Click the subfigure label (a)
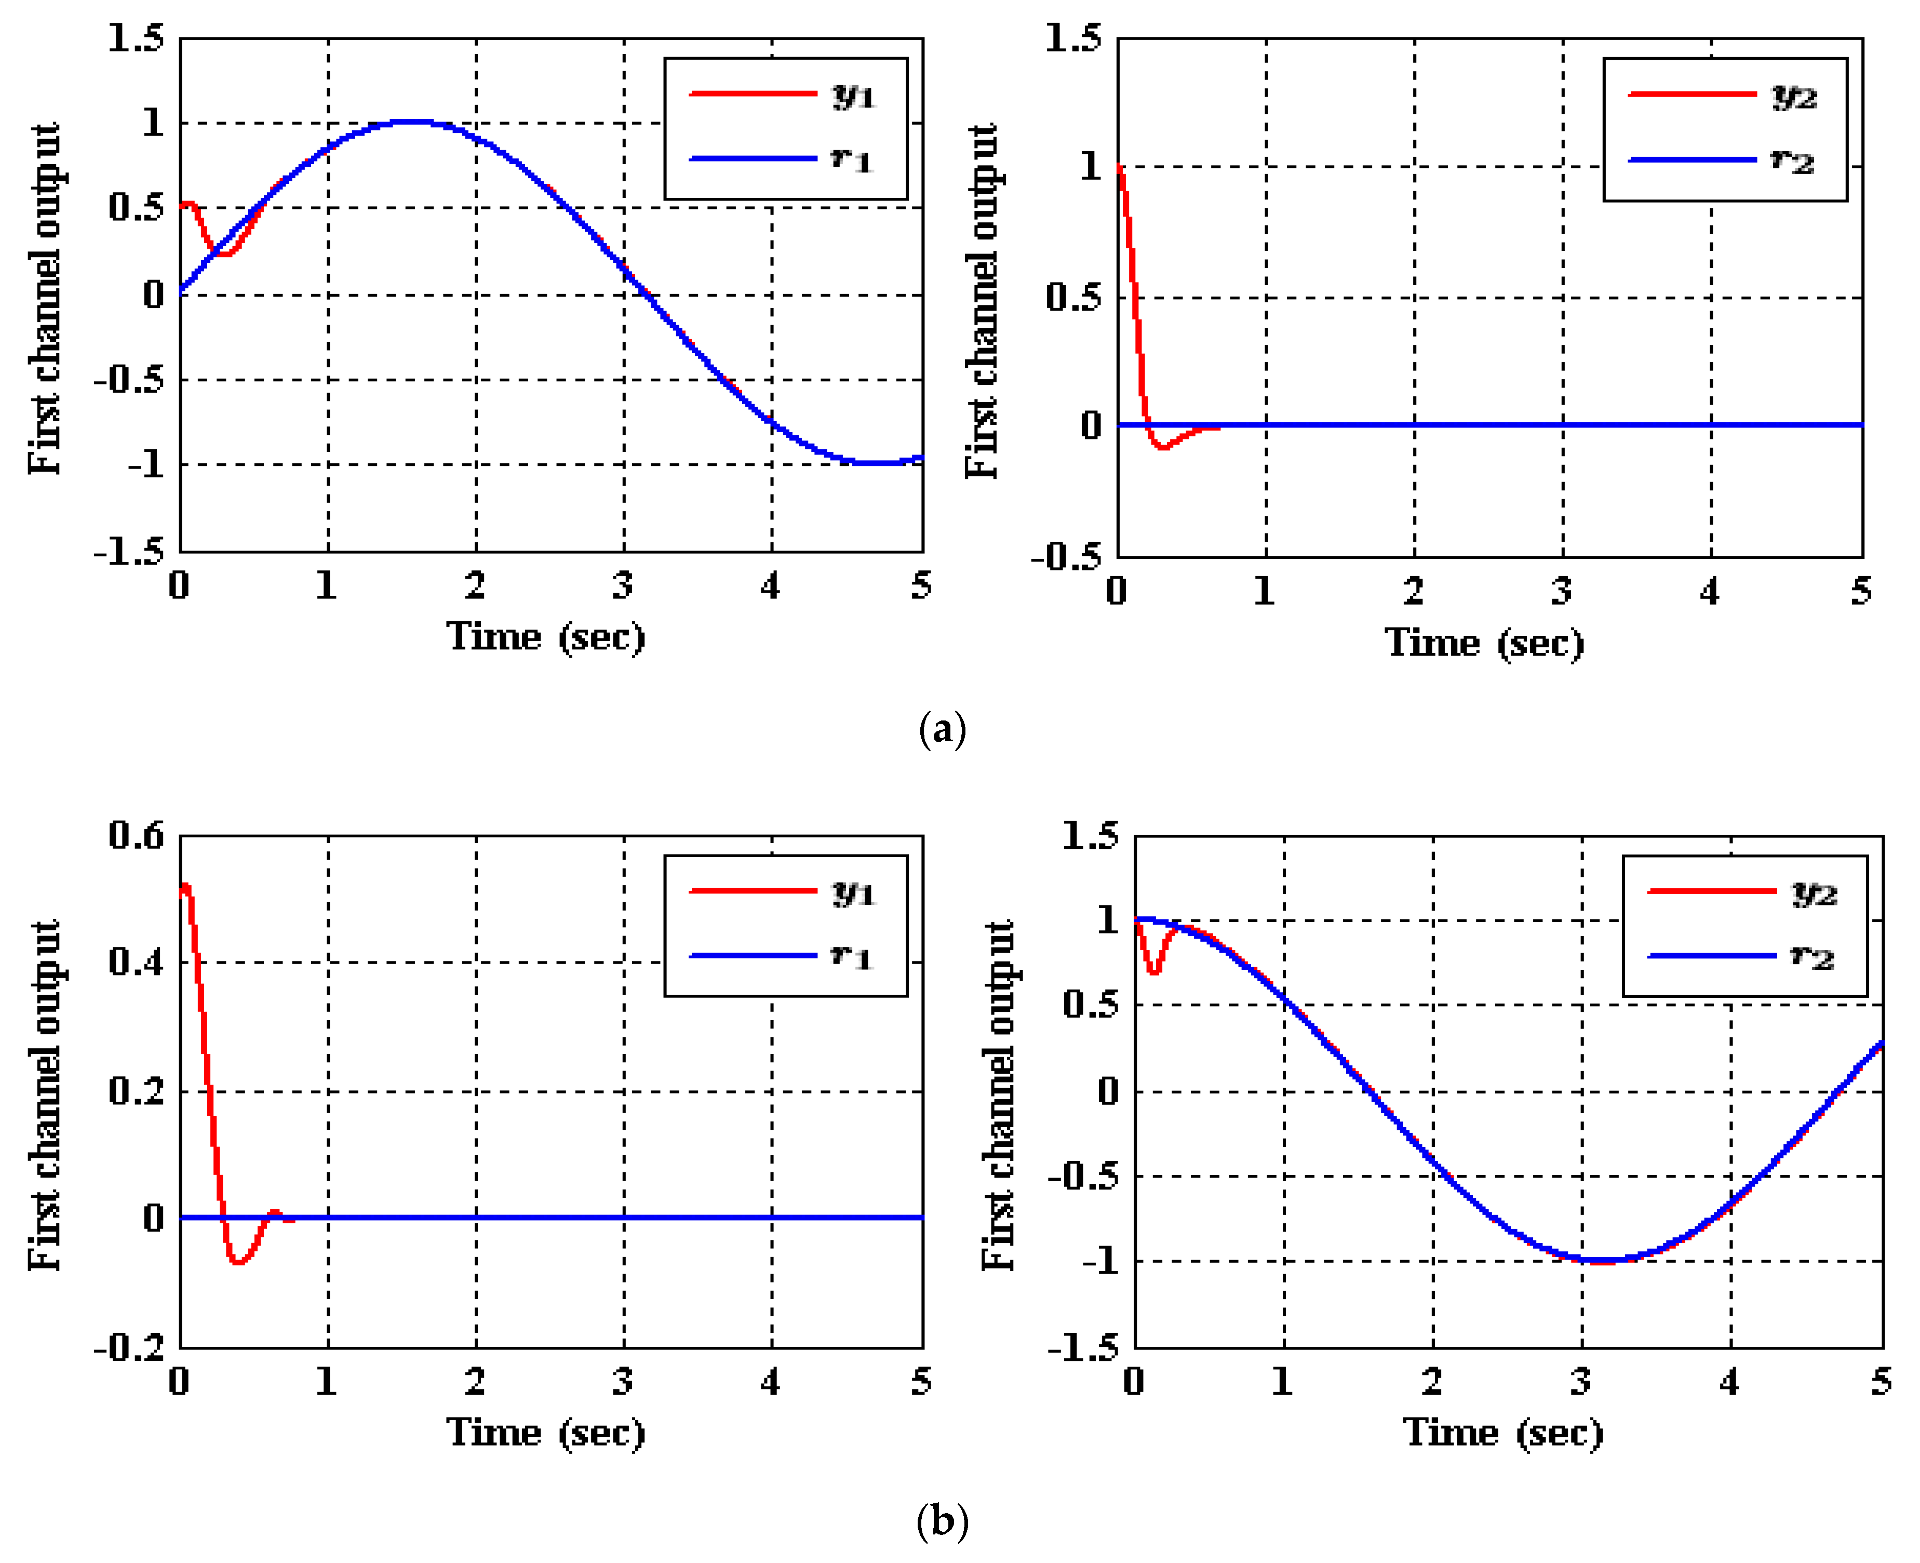(x=942, y=729)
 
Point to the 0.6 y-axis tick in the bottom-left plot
(x=137, y=835)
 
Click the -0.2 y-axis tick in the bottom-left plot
(x=130, y=1348)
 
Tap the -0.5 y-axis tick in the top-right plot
(x=1067, y=557)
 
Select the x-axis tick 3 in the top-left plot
(x=623, y=586)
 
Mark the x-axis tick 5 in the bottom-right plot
(x=1881, y=1381)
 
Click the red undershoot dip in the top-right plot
(x=1163, y=446)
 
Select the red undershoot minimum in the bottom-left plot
(x=238, y=1262)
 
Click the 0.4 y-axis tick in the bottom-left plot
(x=137, y=961)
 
